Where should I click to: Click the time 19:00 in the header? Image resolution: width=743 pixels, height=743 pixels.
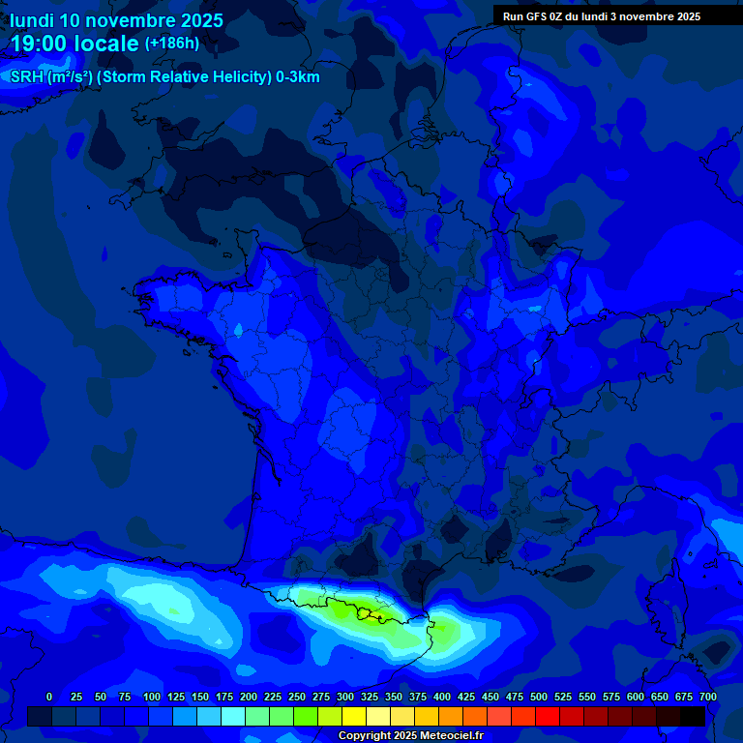point(40,45)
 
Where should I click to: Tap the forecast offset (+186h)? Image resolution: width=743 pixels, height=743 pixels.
point(171,44)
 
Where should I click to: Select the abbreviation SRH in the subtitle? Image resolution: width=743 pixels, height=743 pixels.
point(26,77)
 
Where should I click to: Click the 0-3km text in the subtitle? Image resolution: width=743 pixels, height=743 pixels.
point(298,77)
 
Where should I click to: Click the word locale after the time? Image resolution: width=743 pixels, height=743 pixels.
point(105,45)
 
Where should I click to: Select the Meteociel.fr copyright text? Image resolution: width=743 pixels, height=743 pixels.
point(410,736)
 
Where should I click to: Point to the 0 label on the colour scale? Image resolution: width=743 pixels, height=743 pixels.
point(49,698)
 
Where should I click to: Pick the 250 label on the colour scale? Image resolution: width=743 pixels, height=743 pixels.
point(296,698)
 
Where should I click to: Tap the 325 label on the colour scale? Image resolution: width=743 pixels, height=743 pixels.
point(369,698)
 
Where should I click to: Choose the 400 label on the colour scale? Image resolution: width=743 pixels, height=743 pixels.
point(441,698)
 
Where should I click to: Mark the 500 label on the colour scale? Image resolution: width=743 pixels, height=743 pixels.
point(538,698)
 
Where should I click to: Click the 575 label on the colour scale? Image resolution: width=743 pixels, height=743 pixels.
point(610,698)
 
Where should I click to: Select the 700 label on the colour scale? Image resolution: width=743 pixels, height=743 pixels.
point(707,698)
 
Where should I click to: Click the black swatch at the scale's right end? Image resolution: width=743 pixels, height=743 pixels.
point(693,717)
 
